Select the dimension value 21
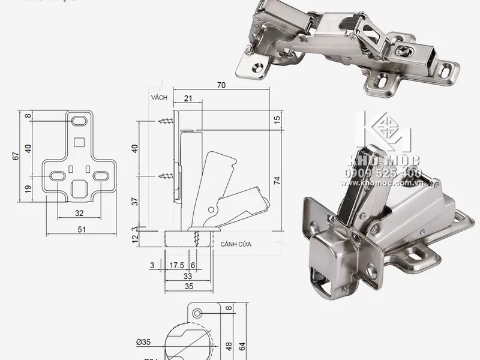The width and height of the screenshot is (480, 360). (x=188, y=98)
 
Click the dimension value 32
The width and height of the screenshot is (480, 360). (x=79, y=212)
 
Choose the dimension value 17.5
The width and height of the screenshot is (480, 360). (x=176, y=265)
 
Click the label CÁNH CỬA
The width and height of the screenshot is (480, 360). (x=235, y=245)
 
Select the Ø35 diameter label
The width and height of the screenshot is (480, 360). (x=143, y=343)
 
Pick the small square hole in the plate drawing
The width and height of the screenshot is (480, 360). (x=79, y=142)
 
